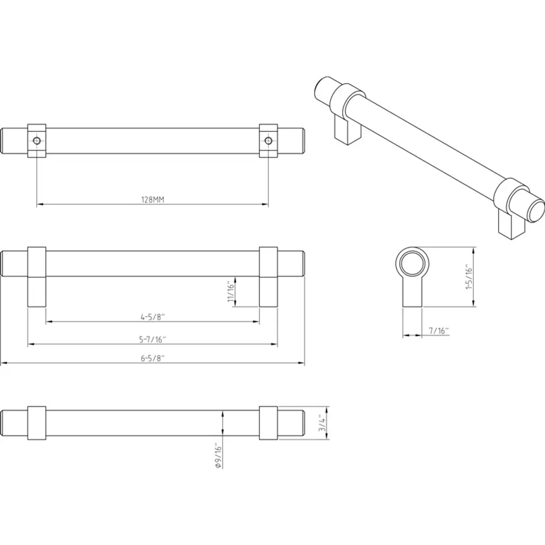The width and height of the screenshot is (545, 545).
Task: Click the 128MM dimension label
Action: pyautogui.click(x=153, y=200)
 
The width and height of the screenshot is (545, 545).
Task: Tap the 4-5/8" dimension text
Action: pyautogui.click(x=153, y=317)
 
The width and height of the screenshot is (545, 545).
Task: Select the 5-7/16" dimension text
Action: pyautogui.click(x=153, y=340)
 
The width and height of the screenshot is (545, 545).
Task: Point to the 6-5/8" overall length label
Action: pyautogui.click(x=153, y=358)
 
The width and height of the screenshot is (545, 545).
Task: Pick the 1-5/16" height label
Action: pyautogui.click(x=469, y=277)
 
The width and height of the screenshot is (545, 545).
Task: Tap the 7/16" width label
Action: pyautogui.click(x=439, y=331)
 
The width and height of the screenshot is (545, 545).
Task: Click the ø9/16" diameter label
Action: pyautogui.click(x=218, y=456)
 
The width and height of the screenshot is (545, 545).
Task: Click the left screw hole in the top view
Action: pyautogui.click(x=37, y=141)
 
